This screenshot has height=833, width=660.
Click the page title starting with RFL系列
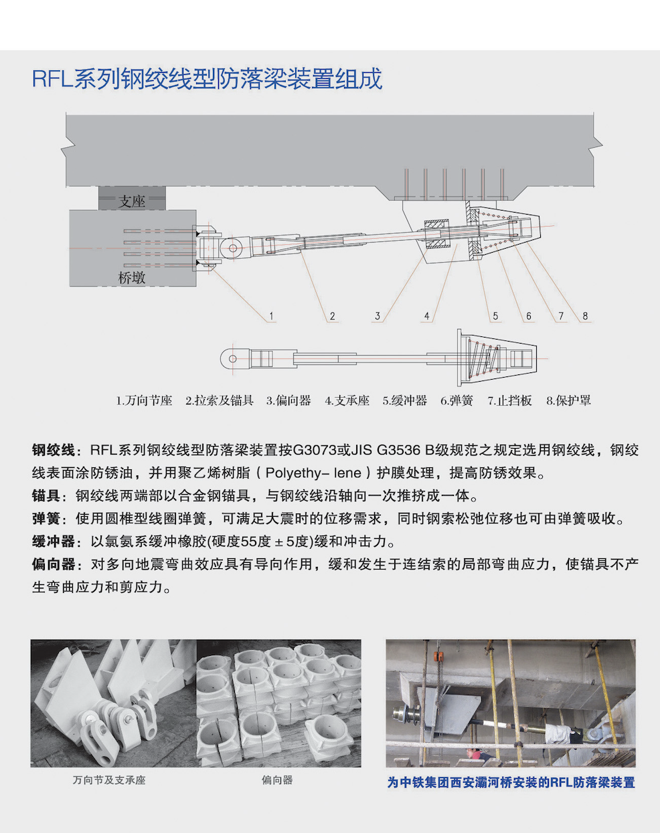click(207, 79)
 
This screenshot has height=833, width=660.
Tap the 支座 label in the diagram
click(132, 201)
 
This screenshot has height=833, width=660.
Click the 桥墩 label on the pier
click(132, 277)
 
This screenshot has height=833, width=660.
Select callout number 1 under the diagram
click(271, 316)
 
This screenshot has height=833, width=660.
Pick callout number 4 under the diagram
click(426, 316)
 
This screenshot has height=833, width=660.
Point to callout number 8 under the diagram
click(585, 316)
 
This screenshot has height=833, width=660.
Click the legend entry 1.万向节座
click(144, 400)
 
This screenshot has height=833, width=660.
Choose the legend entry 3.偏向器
click(288, 400)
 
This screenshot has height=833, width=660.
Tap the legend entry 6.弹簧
click(457, 400)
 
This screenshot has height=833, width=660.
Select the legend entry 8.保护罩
click(568, 400)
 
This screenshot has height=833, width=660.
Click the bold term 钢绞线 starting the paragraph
click(54, 450)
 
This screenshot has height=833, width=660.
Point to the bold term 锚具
click(46, 495)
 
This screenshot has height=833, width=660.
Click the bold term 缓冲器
click(54, 542)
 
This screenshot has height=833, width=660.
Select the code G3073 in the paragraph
click(315, 450)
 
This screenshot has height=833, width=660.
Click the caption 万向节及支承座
click(109, 780)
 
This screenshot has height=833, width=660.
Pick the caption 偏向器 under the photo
click(277, 780)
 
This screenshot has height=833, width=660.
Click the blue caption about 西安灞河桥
click(511, 782)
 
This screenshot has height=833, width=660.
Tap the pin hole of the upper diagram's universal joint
click(233, 248)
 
